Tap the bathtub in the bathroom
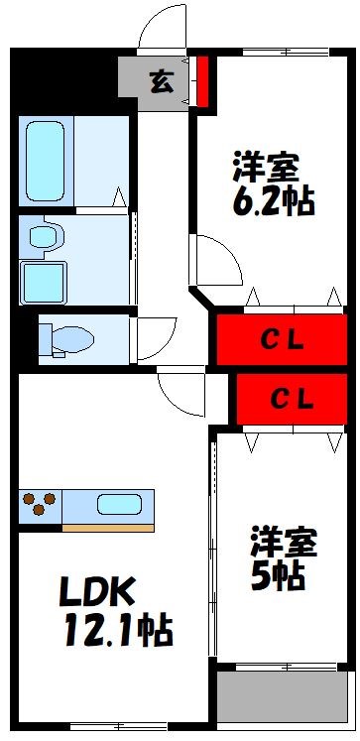coord(45,163)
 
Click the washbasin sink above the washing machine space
coord(44,236)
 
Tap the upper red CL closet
coord(282,339)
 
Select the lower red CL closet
coord(290,399)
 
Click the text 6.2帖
coord(275,201)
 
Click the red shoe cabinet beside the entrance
coord(202,82)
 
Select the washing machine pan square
coord(43,282)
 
